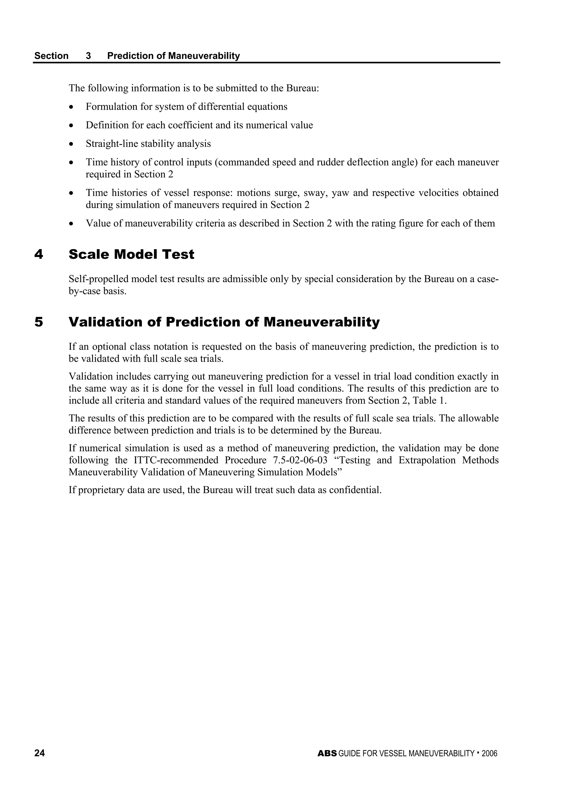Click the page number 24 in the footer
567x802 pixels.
point(40,753)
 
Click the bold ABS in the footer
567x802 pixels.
point(327,754)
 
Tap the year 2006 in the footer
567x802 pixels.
point(489,754)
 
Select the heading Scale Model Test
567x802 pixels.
point(131,254)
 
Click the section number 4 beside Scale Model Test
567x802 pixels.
point(39,254)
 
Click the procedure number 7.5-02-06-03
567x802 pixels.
point(300,460)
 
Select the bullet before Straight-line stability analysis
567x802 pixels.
point(72,144)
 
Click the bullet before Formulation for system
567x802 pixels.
point(72,107)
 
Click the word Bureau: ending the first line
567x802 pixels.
point(303,88)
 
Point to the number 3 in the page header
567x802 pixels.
point(88,56)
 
